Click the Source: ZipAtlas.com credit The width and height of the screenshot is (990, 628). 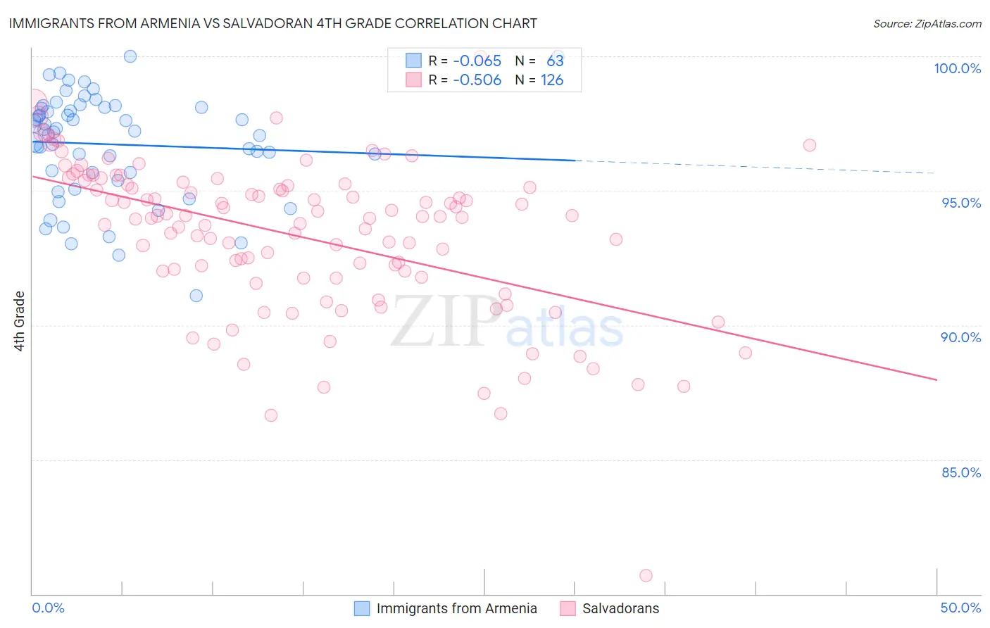[927, 23]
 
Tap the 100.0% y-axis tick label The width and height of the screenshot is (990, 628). [957, 68]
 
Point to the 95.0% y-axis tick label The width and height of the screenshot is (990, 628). [960, 203]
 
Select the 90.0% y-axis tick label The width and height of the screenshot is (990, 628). [960, 337]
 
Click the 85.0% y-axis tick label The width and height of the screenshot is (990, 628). [960, 472]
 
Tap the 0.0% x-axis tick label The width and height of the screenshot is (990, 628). [48, 608]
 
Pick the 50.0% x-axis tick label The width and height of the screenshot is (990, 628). [960, 608]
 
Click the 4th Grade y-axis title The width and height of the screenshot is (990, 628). [20, 320]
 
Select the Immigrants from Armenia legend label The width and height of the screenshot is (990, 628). [456, 608]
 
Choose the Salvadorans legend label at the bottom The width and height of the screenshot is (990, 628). [620, 608]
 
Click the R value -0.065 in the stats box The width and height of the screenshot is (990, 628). [477, 61]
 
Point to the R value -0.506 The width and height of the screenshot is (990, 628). [477, 80]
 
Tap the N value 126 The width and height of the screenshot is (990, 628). [552, 80]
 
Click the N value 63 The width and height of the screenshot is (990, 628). [555, 61]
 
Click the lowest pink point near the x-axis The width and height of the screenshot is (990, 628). [646, 575]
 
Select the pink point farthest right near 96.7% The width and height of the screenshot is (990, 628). [809, 145]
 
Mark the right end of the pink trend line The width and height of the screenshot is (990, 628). [936, 379]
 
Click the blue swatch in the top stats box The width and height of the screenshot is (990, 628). [413, 61]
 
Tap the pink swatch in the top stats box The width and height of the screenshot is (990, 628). [413, 80]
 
